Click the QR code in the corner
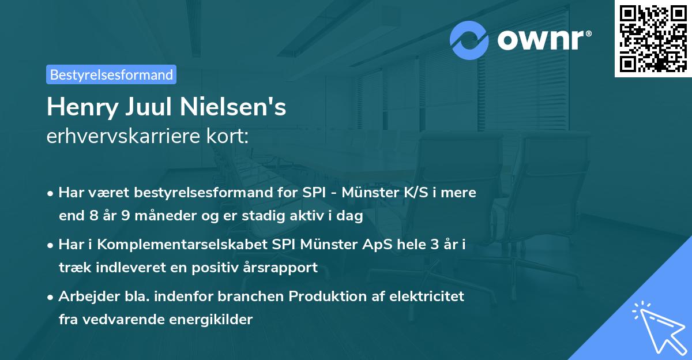653,39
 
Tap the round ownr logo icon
470,40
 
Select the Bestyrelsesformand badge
111,74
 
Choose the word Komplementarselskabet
182,245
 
